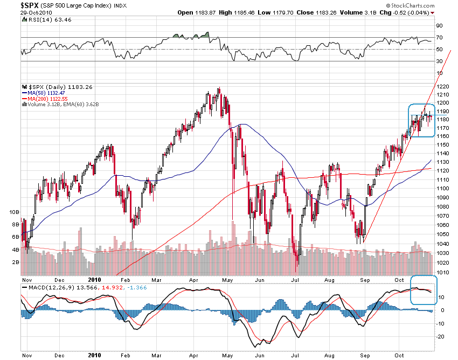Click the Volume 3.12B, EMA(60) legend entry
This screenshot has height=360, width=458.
(63, 104)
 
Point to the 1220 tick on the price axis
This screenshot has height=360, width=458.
(443, 87)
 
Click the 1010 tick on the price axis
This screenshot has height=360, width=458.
(443, 272)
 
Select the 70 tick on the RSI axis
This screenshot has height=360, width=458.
(440, 37)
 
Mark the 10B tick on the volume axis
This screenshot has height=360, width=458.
(15, 212)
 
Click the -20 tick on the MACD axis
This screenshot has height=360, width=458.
(440, 336)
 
